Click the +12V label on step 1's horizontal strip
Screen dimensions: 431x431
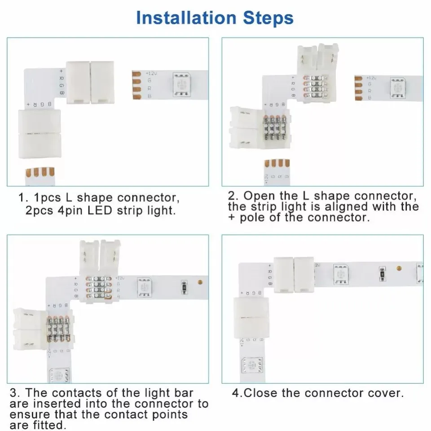click(151, 73)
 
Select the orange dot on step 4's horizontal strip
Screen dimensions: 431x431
click(398, 268)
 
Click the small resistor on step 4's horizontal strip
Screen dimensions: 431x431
click(382, 273)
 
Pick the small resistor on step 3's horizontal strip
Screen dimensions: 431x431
click(184, 286)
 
